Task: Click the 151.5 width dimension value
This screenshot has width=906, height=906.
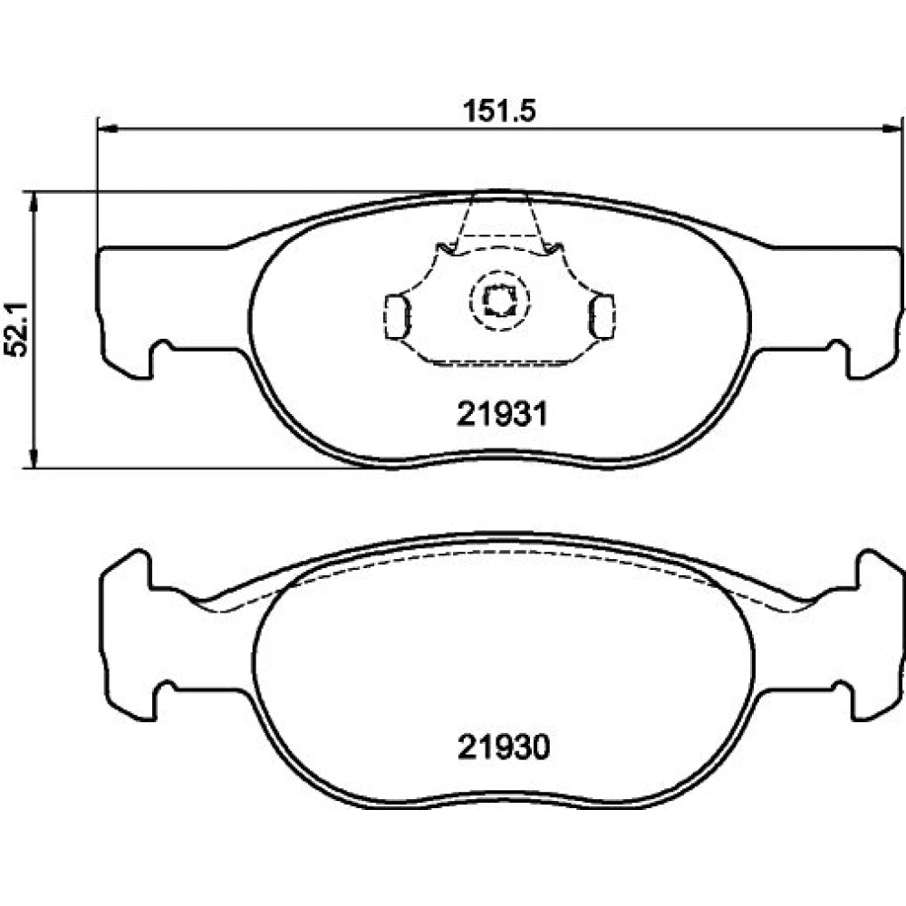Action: click(x=499, y=111)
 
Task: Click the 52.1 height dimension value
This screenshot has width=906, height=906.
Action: click(x=15, y=329)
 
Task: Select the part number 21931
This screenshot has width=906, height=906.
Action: click(x=502, y=414)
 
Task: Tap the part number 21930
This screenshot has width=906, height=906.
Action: click(x=503, y=747)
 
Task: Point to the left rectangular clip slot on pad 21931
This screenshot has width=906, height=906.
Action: click(x=397, y=316)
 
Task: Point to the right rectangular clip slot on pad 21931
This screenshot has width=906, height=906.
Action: click(x=602, y=316)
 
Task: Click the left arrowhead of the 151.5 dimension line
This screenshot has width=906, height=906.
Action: click(x=108, y=129)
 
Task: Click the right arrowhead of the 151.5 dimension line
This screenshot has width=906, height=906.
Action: click(x=892, y=129)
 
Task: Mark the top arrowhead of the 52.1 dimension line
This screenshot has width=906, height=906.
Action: click(x=34, y=201)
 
